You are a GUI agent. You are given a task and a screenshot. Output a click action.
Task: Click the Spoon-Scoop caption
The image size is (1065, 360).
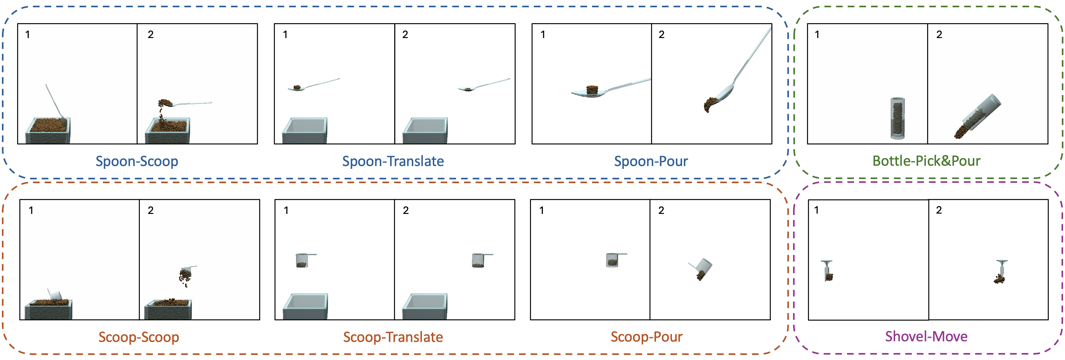tap(137, 161)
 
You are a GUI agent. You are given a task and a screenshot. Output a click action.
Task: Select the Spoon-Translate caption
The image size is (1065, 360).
tap(393, 161)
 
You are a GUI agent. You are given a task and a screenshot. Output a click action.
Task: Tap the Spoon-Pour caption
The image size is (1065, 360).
tap(651, 161)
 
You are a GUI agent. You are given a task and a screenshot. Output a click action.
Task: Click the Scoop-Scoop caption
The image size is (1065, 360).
tap(139, 337)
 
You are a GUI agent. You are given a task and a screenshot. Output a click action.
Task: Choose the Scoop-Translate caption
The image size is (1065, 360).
tap(393, 337)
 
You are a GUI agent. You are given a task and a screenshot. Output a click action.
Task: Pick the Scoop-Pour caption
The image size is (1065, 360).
tap(646, 337)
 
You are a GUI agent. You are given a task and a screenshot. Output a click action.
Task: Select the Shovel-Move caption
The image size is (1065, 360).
tap(926, 337)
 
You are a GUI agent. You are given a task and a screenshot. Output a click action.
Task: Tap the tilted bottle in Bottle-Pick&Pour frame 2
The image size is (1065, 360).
tap(978, 116)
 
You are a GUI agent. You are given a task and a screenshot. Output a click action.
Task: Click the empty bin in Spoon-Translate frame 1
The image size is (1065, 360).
tap(305, 131)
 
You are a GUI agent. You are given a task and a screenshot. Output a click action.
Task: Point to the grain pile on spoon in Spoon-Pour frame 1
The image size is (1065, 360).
tap(592, 90)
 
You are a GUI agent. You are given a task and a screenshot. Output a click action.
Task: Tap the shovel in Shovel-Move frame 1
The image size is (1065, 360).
tap(827, 271)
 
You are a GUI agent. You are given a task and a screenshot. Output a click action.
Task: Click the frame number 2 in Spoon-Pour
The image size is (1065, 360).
tap(662, 35)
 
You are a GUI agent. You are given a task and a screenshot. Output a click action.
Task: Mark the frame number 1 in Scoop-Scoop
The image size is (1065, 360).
tap(31, 210)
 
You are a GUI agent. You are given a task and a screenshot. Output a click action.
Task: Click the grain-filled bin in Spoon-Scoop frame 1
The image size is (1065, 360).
tap(48, 131)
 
